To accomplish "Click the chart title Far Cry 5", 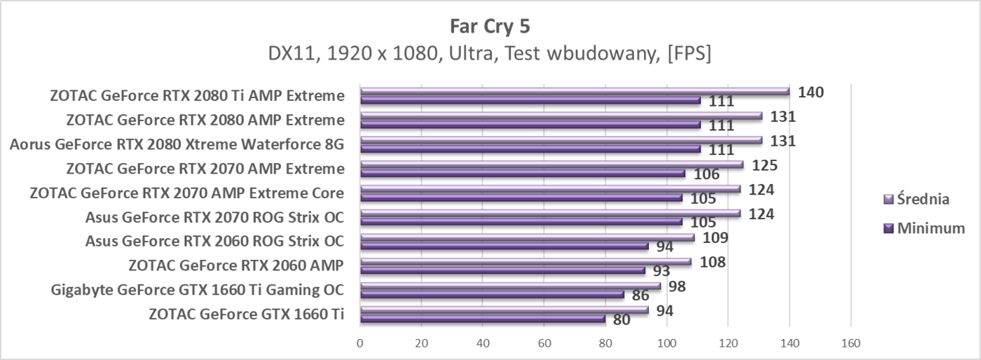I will [490, 27].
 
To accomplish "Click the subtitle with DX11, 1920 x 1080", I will [490, 53].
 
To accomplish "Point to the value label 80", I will [621, 320].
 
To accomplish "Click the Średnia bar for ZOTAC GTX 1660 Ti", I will [504, 310].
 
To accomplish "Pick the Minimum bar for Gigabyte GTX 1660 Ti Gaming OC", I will [491, 294].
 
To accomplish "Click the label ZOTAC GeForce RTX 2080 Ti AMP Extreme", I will [197, 96].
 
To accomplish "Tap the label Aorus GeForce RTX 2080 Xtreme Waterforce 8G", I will [177, 144].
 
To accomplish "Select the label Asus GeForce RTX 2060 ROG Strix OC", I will [214, 241].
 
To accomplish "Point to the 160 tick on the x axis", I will [851, 343].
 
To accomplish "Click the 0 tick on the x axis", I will [359, 343].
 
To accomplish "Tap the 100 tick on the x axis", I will [666, 343].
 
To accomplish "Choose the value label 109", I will [715, 237].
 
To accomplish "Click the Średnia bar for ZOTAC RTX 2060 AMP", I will [525, 261].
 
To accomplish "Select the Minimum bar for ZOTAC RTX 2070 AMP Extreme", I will [522, 173].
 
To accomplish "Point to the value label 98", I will [677, 286].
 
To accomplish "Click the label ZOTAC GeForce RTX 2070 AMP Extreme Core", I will [186, 193].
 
